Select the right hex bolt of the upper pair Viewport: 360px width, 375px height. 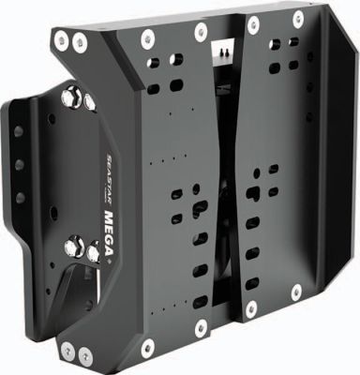(85, 98)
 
